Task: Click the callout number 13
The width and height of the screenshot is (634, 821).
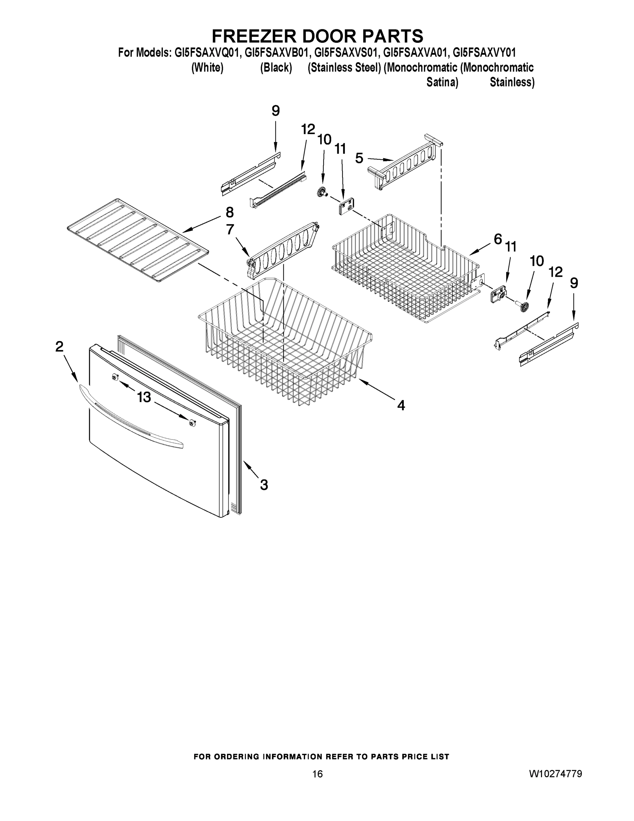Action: click(x=144, y=397)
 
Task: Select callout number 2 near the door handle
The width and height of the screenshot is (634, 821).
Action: click(x=59, y=347)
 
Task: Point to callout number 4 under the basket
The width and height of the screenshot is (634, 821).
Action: click(x=401, y=405)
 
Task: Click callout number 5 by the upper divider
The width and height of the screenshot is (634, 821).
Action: click(x=359, y=158)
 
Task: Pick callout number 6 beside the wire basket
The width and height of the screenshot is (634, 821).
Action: click(x=498, y=239)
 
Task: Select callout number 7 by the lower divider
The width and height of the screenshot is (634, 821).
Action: click(x=230, y=229)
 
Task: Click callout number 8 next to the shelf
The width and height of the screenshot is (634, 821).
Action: click(x=229, y=213)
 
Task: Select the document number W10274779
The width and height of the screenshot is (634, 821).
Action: click(x=555, y=774)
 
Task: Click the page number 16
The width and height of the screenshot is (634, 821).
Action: click(x=318, y=774)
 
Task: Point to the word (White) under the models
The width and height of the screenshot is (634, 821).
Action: click(x=207, y=68)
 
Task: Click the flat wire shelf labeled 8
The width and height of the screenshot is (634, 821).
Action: click(x=137, y=240)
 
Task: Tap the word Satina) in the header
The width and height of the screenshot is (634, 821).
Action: click(x=442, y=82)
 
